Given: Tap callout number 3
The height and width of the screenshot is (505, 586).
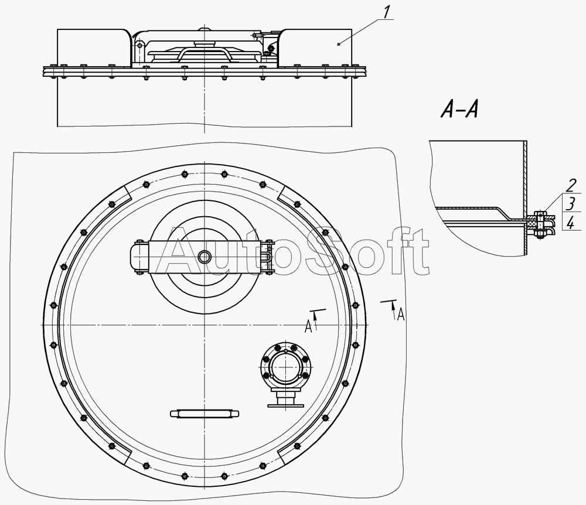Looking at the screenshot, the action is pyautogui.click(x=571, y=204).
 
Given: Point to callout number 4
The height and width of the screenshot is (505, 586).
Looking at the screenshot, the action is pyautogui.click(x=571, y=223).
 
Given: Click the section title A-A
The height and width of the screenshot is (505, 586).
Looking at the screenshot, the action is pyautogui.click(x=459, y=110).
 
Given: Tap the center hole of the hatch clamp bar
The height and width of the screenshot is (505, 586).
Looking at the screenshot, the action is pyautogui.click(x=205, y=256).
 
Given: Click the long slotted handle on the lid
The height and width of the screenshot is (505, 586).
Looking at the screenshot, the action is pyautogui.click(x=205, y=414).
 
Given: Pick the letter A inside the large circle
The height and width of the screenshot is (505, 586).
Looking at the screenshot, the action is pyautogui.click(x=308, y=326).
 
